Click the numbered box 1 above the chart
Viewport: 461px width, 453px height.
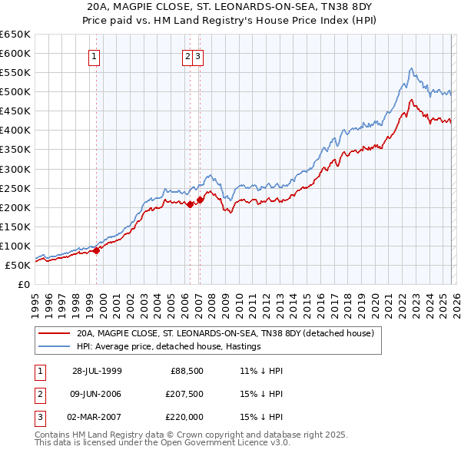click(94, 55)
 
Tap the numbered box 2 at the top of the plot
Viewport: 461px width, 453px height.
click(187, 55)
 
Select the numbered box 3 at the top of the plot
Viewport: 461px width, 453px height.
click(197, 55)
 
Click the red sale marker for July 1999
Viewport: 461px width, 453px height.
click(97, 250)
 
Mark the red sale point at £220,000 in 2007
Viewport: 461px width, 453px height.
click(200, 200)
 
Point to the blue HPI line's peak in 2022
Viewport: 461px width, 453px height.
click(411, 68)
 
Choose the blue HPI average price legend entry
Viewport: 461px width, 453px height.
click(169, 347)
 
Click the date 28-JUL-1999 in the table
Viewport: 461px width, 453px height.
click(97, 371)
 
